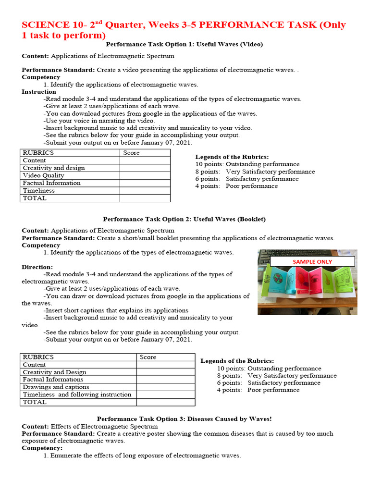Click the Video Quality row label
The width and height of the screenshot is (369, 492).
click(43, 175)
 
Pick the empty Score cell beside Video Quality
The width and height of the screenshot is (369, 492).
click(145, 175)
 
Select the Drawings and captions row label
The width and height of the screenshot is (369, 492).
click(56, 387)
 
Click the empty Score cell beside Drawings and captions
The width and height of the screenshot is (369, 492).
click(165, 387)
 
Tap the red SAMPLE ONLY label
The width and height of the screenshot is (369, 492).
click(312, 261)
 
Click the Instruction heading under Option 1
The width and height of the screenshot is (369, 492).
click(39, 92)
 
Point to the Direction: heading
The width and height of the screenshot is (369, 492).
click(37, 267)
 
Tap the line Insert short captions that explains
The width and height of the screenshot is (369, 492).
click(116, 310)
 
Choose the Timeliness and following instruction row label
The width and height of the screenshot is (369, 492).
click(77, 394)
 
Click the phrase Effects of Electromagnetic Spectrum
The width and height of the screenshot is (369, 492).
click(104, 426)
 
